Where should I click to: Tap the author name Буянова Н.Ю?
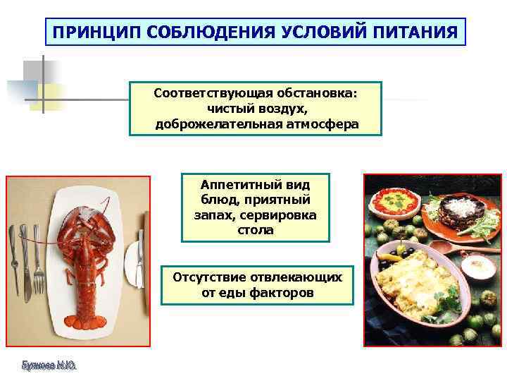click(x=49, y=365)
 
